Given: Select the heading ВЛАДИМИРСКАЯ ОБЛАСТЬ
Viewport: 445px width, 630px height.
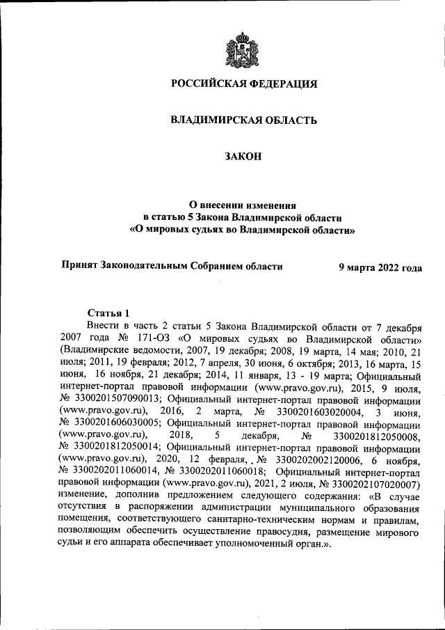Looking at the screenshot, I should [x=243, y=120].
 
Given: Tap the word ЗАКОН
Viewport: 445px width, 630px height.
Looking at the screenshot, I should [x=243, y=157].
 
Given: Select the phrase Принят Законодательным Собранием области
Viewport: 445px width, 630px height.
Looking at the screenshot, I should [x=172, y=266].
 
